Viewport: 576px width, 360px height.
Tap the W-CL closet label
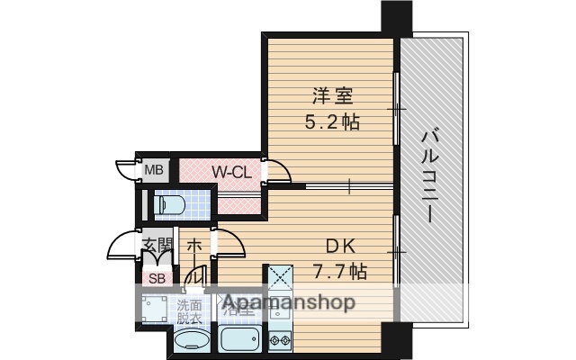231,171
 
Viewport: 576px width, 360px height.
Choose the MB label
155,169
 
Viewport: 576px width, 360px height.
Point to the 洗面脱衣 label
189,310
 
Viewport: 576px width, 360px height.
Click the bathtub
238,341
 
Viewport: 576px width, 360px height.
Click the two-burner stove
279,341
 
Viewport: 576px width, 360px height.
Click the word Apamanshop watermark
288,303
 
